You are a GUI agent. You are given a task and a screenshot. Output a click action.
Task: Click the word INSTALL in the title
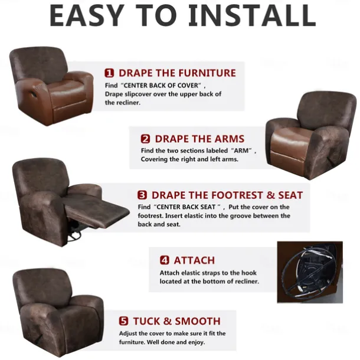pos(252,15)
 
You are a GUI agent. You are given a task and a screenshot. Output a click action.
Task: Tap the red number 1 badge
pos(109,73)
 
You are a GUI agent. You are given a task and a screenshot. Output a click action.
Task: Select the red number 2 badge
pos(145,139)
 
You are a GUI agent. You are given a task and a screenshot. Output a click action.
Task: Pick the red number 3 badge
pos(142,195)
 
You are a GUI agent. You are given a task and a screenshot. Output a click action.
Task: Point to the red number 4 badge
pos(165,260)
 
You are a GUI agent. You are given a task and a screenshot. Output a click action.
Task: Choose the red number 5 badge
pos(123,321)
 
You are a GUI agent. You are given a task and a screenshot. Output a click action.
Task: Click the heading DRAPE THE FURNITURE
pos(177,73)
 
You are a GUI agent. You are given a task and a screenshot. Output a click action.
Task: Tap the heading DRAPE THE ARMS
pos(199,139)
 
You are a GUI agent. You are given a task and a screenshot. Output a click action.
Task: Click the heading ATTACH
pos(194,260)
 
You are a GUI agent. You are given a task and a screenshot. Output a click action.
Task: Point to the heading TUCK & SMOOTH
pos(177,321)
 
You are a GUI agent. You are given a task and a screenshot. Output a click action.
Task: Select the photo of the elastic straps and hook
pos(310,272)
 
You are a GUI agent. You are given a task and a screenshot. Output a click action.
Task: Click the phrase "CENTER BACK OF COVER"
pos(161,86)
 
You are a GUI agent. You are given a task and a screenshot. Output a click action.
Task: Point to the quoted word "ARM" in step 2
pos(241,151)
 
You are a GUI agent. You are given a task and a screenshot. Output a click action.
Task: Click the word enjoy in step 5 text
pos(196,342)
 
